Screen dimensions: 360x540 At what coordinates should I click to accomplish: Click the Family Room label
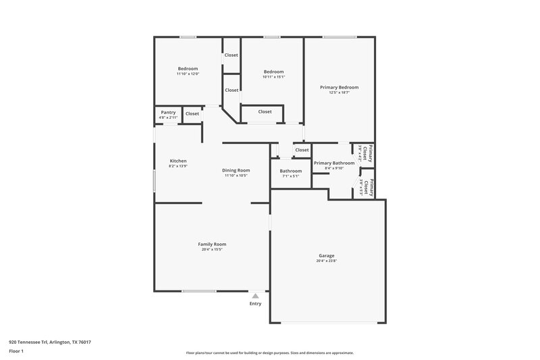212,244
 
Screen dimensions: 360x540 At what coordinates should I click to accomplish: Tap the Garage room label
327,255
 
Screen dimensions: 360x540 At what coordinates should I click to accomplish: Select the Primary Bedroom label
339,87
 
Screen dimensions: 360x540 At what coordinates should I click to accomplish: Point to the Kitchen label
178,161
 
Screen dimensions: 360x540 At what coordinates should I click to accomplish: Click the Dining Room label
236,170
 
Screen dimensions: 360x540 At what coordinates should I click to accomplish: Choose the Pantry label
168,112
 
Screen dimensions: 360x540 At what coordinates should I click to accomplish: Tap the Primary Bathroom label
334,163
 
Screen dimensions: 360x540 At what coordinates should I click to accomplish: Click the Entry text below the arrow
255,304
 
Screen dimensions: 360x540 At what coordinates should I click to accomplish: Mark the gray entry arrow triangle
255,295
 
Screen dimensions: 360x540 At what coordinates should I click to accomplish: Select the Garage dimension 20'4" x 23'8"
327,261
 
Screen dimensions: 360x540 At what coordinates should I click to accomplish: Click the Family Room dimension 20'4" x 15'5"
212,249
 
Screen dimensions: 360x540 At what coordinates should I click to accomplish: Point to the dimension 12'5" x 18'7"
339,93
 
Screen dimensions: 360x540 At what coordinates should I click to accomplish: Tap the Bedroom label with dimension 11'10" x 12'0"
188,68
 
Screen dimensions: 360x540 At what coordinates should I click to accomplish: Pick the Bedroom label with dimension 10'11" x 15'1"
273,72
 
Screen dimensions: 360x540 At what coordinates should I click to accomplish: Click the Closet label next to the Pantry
192,113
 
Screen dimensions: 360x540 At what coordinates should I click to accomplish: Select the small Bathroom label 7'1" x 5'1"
291,171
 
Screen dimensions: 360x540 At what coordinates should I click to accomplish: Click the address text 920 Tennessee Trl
50,342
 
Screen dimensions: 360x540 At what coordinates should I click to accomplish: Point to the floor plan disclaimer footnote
270,353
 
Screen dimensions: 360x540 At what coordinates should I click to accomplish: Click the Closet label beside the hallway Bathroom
302,150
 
